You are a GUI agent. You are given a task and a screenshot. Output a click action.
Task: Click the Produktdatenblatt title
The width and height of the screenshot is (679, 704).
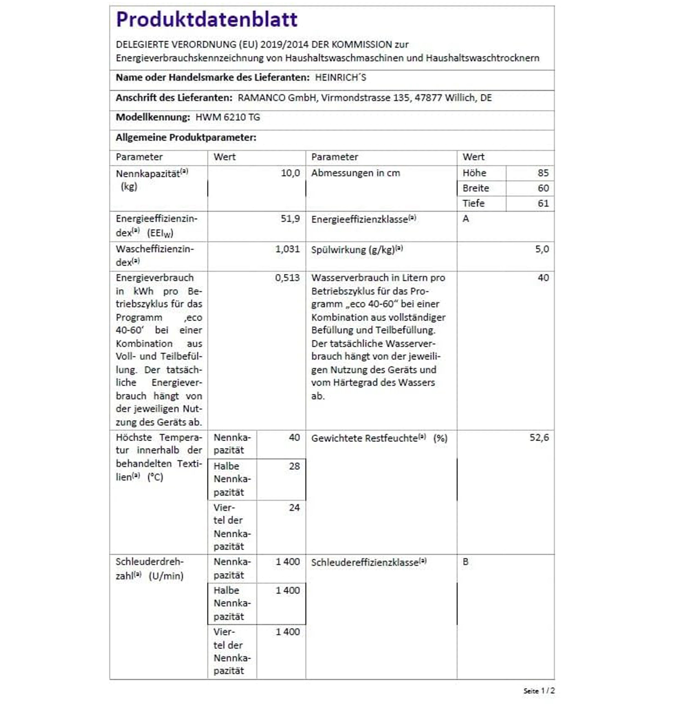pos(207,20)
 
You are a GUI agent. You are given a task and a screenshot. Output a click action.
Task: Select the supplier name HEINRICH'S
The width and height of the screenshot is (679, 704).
pos(340,78)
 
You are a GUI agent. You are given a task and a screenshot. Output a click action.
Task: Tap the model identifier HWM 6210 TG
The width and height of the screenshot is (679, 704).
pos(228,117)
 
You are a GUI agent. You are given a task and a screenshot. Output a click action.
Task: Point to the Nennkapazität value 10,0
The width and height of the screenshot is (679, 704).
pos(290,173)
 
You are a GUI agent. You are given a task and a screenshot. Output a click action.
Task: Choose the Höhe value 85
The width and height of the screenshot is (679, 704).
pos(543,173)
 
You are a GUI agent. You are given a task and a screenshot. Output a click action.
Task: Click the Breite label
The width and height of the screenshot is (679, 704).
pos(476,188)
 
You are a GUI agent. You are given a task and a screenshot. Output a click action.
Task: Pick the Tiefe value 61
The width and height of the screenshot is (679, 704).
pos(543,203)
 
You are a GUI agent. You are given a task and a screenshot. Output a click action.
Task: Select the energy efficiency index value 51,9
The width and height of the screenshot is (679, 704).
pos(290,219)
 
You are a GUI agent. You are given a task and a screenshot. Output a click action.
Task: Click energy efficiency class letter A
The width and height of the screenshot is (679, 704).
pos(466,219)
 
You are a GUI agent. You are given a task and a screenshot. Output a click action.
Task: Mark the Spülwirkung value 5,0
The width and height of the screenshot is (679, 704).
pos(542,249)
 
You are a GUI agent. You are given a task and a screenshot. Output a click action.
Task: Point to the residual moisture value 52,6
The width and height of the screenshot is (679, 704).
pos(539,438)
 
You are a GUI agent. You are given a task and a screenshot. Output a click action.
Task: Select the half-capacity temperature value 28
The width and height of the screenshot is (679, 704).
pos(294,466)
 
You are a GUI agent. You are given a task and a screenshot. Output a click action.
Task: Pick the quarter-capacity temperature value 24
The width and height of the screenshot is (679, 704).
pos(294,508)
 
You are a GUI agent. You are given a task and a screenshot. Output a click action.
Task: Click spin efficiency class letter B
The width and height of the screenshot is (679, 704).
pos(466,561)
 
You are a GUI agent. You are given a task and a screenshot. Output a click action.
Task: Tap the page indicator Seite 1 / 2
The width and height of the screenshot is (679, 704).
pos(539,690)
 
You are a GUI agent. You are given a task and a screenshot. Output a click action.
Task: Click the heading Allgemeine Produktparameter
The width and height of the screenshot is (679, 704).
pos(186,137)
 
